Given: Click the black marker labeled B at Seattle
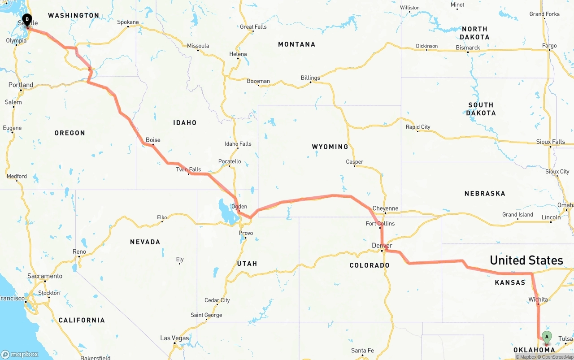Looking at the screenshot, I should click(27, 20).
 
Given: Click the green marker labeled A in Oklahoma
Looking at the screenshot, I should click(547, 337).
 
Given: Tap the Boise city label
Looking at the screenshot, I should click(153, 140).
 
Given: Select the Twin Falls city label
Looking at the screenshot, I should click(188, 169).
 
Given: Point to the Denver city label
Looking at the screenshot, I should click(382, 246).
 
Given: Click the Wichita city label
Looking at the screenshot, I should click(538, 299).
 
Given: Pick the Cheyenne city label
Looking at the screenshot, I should click(385, 208).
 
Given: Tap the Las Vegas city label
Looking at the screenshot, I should click(174, 338).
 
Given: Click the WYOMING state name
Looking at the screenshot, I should click(330, 147).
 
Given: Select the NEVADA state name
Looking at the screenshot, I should click(145, 242).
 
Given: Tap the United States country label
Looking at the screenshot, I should click(526, 260).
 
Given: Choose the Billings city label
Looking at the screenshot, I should click(310, 78).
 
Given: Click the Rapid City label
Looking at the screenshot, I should click(417, 127).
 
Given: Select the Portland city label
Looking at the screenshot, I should click(21, 85).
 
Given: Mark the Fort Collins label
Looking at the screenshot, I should click(380, 223).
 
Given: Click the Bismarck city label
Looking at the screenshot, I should click(468, 48).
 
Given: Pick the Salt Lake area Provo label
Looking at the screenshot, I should click(246, 233).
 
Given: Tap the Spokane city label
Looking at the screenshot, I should click(128, 22).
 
